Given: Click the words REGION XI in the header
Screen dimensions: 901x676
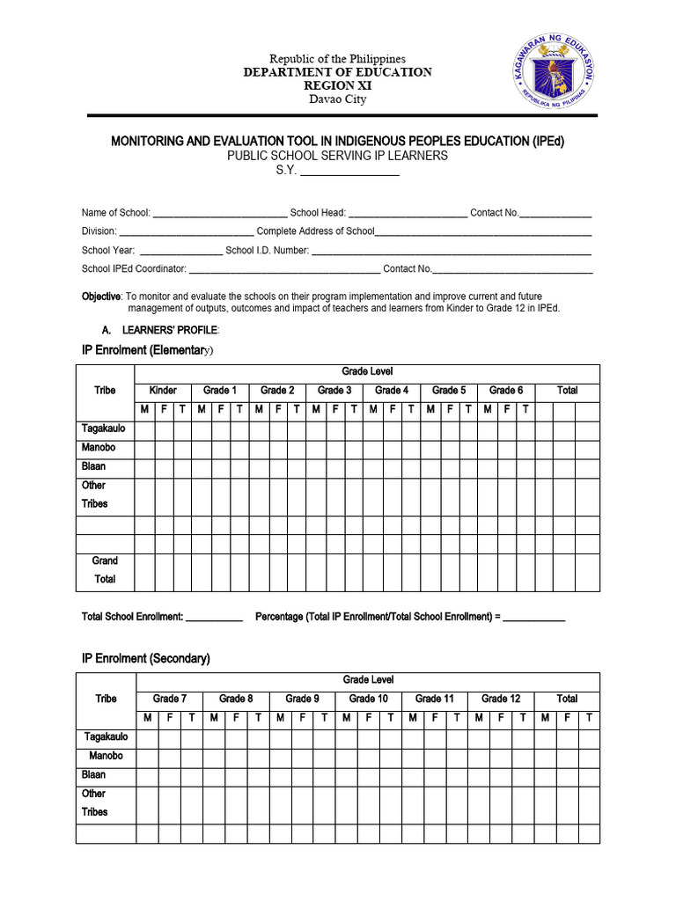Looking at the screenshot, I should (x=337, y=85).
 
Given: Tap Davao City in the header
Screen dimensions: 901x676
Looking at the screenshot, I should (x=337, y=99).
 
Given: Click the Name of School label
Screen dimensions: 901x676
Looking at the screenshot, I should (x=115, y=213).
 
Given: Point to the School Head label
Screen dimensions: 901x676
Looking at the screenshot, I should (x=318, y=213).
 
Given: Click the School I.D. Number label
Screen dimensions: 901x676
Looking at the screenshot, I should (x=267, y=251).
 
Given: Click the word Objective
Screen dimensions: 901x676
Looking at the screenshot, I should (x=100, y=297).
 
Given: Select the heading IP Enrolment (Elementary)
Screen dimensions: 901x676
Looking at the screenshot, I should (x=147, y=350).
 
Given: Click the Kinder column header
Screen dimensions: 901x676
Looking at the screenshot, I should (x=163, y=390).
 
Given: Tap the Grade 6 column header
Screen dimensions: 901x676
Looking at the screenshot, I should (x=506, y=390).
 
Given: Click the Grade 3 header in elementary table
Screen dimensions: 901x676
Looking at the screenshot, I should (x=334, y=390).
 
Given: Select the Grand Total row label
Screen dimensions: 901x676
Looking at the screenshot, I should (x=105, y=570).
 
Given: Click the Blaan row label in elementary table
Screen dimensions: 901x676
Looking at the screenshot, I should (x=94, y=466).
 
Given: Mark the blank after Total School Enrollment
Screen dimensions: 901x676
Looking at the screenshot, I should (x=214, y=618).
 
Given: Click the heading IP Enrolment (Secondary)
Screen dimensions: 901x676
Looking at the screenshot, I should (x=145, y=658).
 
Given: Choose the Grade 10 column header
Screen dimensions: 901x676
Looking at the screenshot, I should (x=368, y=699).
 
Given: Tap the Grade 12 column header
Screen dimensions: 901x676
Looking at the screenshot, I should (x=501, y=699).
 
